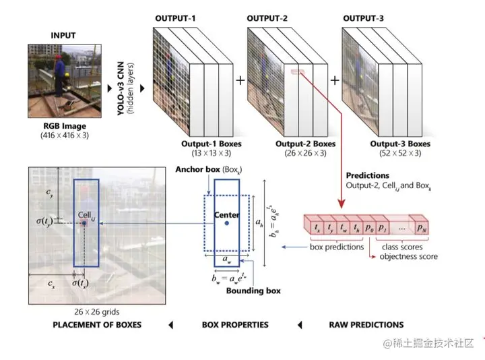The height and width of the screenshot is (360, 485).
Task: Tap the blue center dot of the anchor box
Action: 227,223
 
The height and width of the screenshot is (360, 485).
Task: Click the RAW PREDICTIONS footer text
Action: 366,324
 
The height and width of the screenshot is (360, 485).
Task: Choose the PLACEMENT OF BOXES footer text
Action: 97,324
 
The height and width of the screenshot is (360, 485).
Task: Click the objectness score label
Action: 409,256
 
